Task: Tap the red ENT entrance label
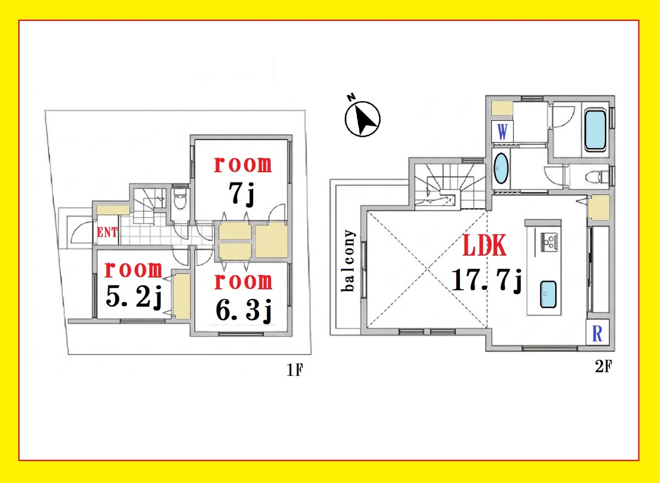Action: pos(107,232)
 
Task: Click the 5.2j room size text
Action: pos(134,298)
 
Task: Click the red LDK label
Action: pos(485,245)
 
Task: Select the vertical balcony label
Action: pos(348,261)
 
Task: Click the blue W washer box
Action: pos(502,131)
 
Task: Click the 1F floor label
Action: pos(294,370)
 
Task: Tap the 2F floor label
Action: pos(603,367)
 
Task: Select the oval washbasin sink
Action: pos(501,169)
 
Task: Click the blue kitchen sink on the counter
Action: pos(548,295)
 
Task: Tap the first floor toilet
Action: pos(180,201)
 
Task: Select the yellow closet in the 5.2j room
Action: pos(181,296)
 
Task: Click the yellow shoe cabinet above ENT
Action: pos(113,210)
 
